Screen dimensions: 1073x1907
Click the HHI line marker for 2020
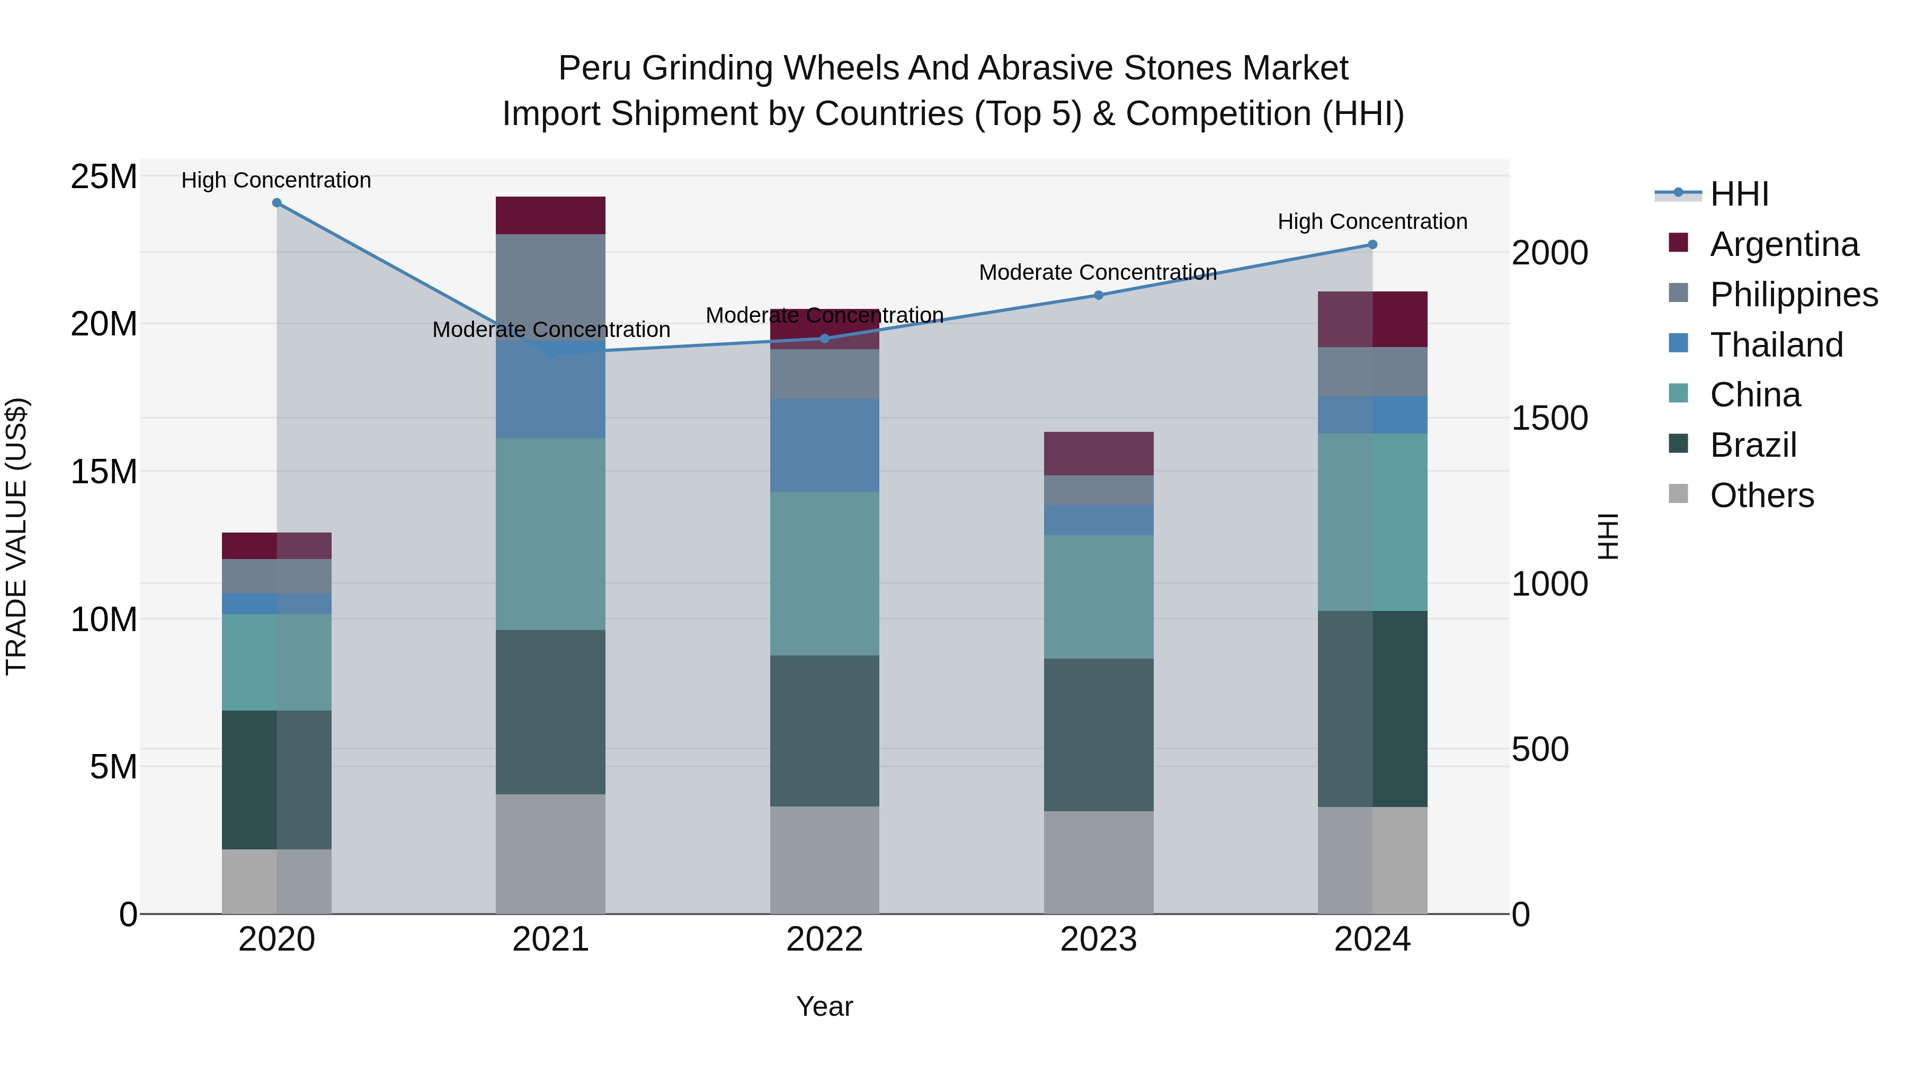(277, 203)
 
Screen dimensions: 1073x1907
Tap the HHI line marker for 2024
(1372, 244)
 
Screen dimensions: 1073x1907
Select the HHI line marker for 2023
(1099, 295)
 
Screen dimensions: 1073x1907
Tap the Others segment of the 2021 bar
(550, 854)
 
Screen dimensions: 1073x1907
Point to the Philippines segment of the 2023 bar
(1099, 490)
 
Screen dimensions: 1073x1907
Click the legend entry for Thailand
(1776, 345)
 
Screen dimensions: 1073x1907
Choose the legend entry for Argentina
(1784, 244)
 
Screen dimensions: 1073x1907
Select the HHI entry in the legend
(1739, 194)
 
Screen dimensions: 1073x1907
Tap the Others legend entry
(1761, 495)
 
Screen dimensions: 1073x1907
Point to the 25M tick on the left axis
(104, 177)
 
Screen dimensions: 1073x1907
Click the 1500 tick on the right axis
(1549, 419)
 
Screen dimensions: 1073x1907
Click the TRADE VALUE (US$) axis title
(16, 536)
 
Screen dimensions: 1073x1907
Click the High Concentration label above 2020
(276, 180)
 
